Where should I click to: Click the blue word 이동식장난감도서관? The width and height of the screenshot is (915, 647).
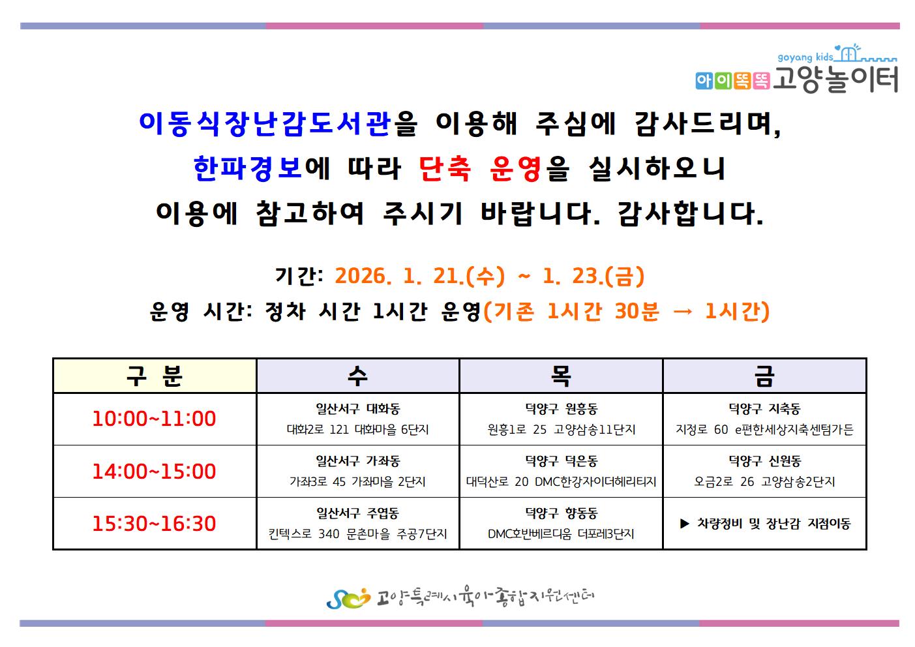(265, 123)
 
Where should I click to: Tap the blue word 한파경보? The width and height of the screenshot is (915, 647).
(248, 168)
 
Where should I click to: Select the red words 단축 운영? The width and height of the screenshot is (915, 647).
(481, 168)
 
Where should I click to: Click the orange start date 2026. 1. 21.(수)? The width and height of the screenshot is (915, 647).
(420, 276)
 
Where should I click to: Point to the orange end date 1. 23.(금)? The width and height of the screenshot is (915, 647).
(593, 276)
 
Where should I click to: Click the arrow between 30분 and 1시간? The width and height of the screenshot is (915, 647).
(683, 312)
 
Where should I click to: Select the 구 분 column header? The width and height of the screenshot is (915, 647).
(155, 376)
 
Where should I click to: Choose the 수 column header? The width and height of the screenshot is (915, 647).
(357, 376)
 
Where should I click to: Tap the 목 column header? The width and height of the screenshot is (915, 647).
(561, 376)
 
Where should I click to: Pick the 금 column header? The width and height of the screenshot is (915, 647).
(764, 376)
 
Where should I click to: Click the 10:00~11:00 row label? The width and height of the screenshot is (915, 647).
(154, 419)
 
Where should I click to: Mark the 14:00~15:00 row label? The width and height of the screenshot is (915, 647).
(154, 471)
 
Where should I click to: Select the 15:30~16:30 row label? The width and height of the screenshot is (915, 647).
(154, 523)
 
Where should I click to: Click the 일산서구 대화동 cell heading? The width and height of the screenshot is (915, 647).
(358, 408)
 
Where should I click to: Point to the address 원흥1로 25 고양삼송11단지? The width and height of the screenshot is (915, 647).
(562, 429)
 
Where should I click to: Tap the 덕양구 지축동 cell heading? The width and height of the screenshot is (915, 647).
(765, 408)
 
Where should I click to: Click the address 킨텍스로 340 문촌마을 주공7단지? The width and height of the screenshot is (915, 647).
(358, 534)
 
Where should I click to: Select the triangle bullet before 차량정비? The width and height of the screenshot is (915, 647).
(685, 523)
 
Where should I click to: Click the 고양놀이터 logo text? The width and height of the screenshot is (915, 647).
(835, 80)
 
